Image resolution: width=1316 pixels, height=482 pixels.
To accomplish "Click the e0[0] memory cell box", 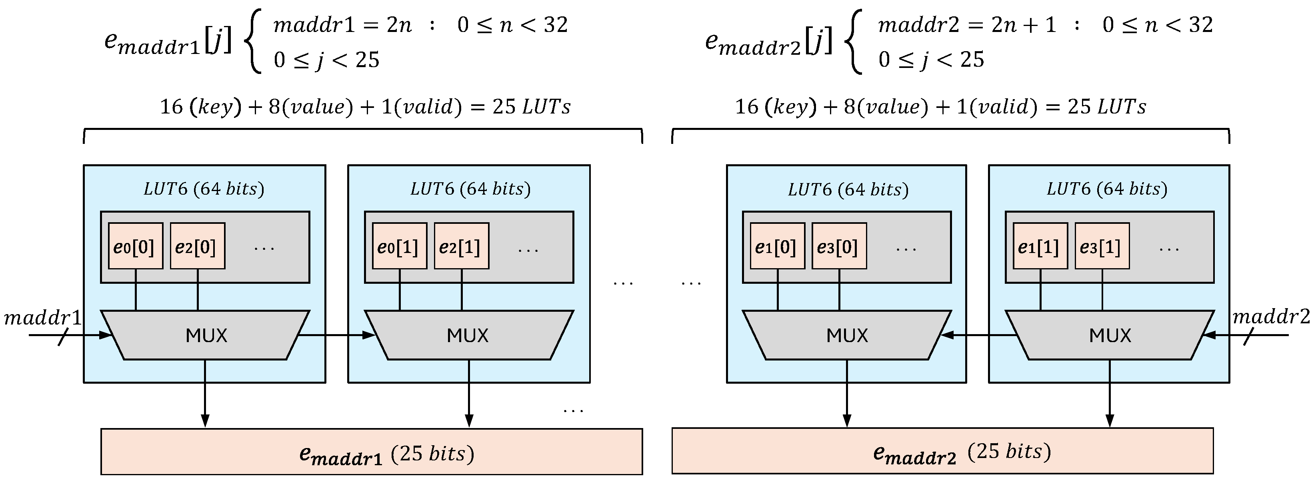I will [135, 246].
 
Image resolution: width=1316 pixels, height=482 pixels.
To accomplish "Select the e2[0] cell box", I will [197, 246].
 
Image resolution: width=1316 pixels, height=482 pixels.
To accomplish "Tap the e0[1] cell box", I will [400, 246].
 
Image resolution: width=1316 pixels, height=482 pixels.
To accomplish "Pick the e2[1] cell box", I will [461, 246].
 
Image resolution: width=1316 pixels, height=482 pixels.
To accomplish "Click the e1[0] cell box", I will [777, 246].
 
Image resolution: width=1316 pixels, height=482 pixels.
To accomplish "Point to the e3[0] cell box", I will [839, 246].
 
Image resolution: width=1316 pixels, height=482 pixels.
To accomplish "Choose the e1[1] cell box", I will [1040, 246].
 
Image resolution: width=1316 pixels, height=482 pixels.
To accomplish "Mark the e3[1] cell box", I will [1102, 246].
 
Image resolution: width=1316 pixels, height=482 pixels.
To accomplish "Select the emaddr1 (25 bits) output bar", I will [372, 452].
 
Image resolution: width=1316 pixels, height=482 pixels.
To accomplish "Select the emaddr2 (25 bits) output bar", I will [942, 451].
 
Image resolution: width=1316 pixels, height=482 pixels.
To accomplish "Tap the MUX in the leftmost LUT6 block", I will [205, 335].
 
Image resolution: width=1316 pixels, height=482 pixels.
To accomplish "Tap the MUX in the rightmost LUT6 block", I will [1110, 335].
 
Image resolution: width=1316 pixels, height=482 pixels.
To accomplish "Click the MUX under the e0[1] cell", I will [468, 335].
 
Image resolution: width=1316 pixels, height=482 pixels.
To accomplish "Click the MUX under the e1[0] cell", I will [846, 335].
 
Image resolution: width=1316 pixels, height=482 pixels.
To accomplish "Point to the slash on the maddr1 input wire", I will [63, 337].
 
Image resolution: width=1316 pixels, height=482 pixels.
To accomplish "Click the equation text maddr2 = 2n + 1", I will [966, 24].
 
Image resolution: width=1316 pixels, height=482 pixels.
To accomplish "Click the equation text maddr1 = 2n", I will [342, 24].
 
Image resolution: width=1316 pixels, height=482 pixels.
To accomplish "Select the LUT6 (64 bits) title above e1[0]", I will [848, 189].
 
